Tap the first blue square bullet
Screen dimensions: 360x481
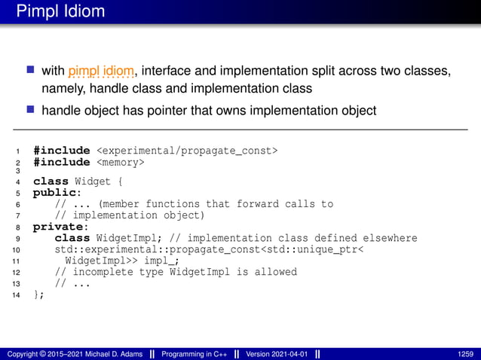(x=31, y=71)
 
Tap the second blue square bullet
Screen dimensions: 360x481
(x=31, y=110)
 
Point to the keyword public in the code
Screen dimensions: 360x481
(x=52, y=192)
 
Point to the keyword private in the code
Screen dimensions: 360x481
(x=56, y=226)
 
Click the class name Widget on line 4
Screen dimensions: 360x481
(x=93, y=181)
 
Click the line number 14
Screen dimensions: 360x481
(x=17, y=295)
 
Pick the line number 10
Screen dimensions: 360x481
(x=17, y=250)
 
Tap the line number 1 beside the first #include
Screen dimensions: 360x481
(x=18, y=151)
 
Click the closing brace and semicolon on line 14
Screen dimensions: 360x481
(x=38, y=294)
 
